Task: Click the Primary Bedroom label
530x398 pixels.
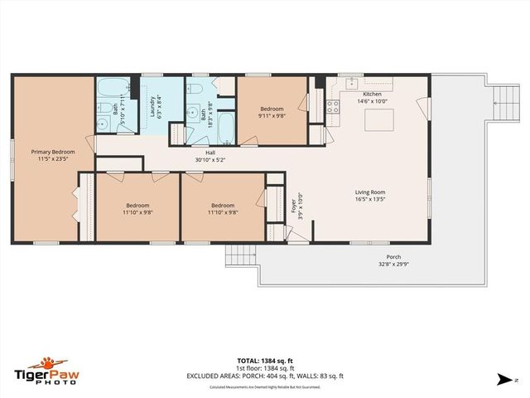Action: pyautogui.click(x=52, y=152)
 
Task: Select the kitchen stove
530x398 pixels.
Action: pyautogui.click(x=332, y=106)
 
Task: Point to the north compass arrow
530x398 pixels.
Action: pyautogui.click(x=502, y=379)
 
